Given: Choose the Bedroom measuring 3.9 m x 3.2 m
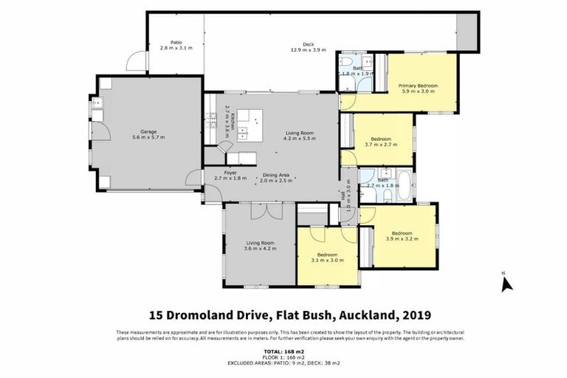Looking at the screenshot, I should tap(402, 236).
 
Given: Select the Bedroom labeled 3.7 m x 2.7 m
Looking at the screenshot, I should tap(381, 142).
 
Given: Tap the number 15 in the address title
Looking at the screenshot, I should tap(157, 315).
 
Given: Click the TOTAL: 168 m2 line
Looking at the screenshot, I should tap(283, 352).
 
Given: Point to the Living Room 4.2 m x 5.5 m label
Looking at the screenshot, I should tap(300, 137).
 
